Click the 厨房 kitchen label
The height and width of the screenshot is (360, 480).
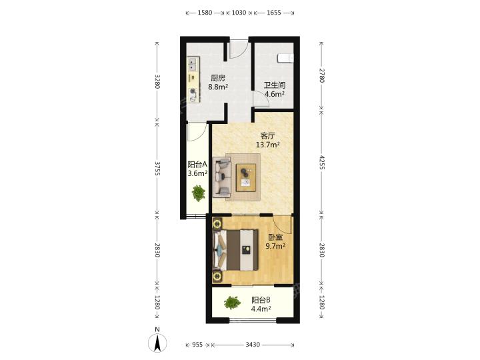[218, 78]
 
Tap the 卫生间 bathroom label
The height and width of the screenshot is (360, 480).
[275, 85]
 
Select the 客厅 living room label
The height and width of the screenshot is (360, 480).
[267, 135]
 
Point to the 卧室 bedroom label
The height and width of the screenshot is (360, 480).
[275, 237]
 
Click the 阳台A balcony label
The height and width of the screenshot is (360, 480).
[197, 165]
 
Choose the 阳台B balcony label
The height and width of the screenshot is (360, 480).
[261, 300]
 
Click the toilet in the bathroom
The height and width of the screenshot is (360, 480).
[285, 58]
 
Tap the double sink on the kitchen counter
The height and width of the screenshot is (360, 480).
[193, 65]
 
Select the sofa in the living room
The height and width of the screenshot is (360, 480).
[221, 177]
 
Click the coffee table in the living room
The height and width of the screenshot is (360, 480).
[246, 177]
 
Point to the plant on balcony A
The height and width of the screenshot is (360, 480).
[199, 193]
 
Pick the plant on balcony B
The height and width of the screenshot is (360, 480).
[233, 303]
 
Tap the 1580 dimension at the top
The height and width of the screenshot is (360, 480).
[205, 13]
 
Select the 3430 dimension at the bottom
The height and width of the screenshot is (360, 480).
[253, 345]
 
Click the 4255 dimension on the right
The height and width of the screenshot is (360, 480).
[322, 162]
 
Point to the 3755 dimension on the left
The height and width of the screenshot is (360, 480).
[157, 169]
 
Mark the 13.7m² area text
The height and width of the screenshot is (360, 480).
[267, 145]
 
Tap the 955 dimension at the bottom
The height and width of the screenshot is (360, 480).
[197, 345]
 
